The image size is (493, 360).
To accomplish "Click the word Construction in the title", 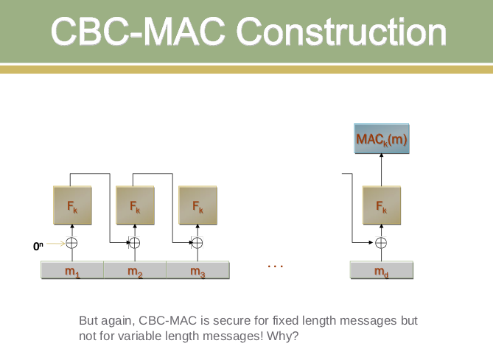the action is click(x=341, y=32).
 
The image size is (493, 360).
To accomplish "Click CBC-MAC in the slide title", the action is click(x=138, y=32).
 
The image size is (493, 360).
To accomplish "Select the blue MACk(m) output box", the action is click(x=382, y=138).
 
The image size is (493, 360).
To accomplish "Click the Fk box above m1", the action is click(x=73, y=205).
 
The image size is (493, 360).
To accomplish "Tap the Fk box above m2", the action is click(x=135, y=205).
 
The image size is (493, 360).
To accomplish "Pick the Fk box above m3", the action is click(x=197, y=205).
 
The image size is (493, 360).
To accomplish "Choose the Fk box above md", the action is click(x=382, y=205).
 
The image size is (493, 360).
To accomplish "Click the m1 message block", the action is click(x=72, y=270).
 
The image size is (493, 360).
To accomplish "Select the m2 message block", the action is click(x=135, y=270).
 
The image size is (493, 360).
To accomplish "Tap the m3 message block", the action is click(x=197, y=270).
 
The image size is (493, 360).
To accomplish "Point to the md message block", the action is click(x=382, y=270).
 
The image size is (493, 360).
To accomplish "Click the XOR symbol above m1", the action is click(x=71, y=243).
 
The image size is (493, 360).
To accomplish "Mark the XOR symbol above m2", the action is click(x=135, y=243).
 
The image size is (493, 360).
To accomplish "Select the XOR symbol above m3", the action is click(x=197, y=243).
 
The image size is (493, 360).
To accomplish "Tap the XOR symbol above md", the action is click(x=381, y=243).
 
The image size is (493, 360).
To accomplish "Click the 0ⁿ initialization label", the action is click(x=38, y=246).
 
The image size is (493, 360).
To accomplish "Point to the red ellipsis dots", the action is click(x=276, y=267).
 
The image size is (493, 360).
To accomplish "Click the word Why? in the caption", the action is click(x=282, y=336).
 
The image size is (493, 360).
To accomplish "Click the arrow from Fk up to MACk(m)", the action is click(x=382, y=169).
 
